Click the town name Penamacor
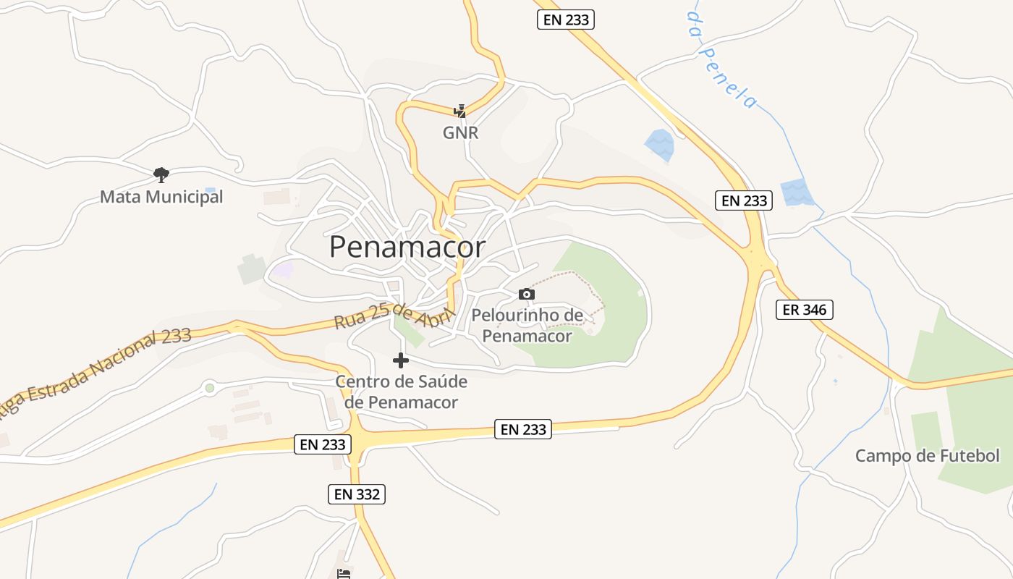[407, 248]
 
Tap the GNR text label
[460, 133]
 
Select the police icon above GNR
[460, 111]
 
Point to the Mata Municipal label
[161, 197]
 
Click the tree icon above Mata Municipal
[161, 174]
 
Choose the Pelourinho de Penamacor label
[527, 326]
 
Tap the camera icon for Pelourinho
[527, 294]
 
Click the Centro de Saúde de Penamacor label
[401, 392]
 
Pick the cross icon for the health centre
[401, 360]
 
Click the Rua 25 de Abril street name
[394, 318]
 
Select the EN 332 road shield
[356, 494]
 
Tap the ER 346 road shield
[805, 310]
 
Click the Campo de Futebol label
[927, 456]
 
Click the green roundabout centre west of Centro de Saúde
[210, 388]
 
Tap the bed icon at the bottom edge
[344, 573]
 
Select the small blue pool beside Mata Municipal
[210, 191]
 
